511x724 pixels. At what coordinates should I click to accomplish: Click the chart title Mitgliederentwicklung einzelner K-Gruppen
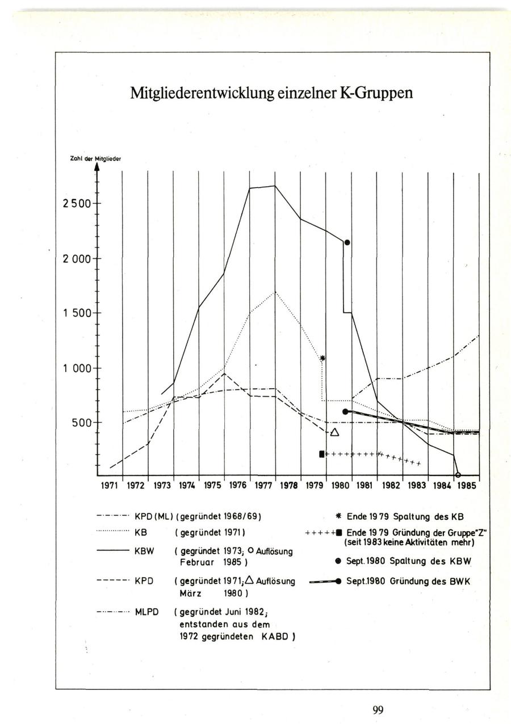tap(271, 92)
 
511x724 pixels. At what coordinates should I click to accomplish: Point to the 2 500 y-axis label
tap(76, 204)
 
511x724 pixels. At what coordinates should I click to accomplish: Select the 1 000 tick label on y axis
tap(77, 369)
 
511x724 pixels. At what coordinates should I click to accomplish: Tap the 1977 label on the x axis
tap(263, 486)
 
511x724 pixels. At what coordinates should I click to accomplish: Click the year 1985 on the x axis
tap(467, 486)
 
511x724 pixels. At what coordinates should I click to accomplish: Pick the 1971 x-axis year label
tap(110, 486)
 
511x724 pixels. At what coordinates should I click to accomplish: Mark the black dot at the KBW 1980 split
tap(347, 242)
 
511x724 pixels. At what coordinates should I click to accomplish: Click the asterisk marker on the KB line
tap(322, 358)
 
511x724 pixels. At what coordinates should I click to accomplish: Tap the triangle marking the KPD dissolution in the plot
tap(334, 433)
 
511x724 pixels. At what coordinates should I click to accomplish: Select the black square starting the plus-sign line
tap(322, 454)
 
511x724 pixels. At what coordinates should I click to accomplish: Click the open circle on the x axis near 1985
tap(458, 475)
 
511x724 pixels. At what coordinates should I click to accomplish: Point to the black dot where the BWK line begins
tap(345, 411)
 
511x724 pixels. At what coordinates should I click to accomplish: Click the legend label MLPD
tap(148, 613)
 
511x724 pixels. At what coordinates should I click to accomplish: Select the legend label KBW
tap(144, 550)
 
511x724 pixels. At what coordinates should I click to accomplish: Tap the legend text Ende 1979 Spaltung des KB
tap(405, 517)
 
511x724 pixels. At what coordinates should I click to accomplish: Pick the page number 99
tap(378, 709)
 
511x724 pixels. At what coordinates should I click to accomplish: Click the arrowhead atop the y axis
tap(97, 167)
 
